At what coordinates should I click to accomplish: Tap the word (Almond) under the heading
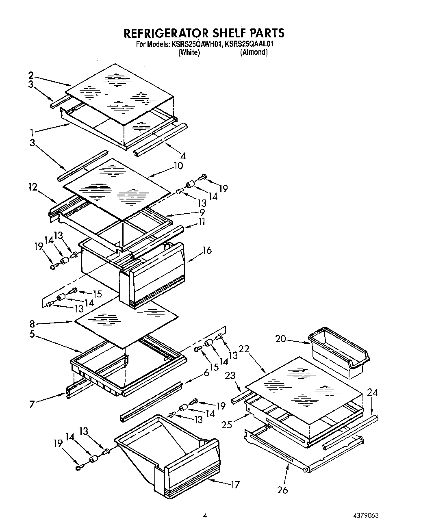[x=254, y=52]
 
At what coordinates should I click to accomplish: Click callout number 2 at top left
[x=31, y=75]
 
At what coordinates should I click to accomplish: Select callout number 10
[x=178, y=166]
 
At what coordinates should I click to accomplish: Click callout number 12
[x=33, y=187]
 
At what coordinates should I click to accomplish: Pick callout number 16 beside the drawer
[x=207, y=250]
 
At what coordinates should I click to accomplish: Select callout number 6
[x=206, y=372]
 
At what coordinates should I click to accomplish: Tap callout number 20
[x=280, y=338]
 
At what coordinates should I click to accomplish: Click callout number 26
[x=282, y=490]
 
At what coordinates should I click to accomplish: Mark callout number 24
[x=372, y=392]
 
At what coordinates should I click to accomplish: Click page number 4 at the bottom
[x=205, y=515]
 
